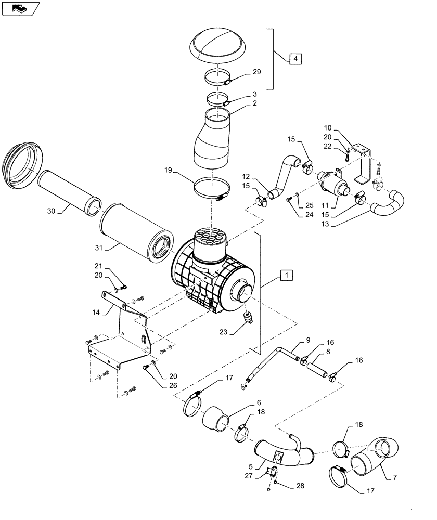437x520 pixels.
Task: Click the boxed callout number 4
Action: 295,59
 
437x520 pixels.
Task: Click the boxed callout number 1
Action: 288,275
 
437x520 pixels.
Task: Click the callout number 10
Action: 342,127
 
